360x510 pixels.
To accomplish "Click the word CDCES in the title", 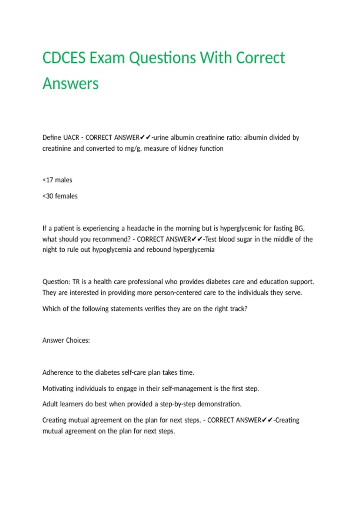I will (64, 58).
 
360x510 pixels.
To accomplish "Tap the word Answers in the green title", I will (70, 83).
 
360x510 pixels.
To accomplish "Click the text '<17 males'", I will (57, 180).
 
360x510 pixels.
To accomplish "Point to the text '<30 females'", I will (60, 196).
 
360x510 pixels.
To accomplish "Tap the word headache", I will (140, 228).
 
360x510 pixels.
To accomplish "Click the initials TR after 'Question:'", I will (76, 282).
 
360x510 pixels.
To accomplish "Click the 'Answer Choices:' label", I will (66, 340).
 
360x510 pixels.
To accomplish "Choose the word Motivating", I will (58, 389).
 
